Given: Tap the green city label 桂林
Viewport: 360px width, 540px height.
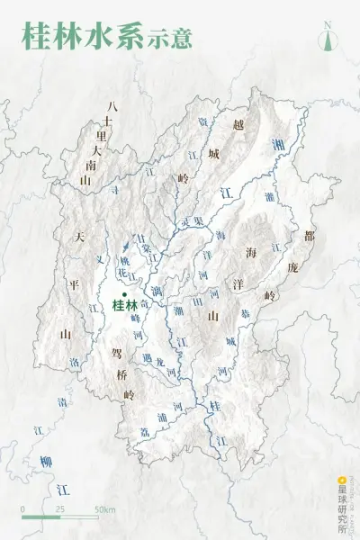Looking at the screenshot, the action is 125,305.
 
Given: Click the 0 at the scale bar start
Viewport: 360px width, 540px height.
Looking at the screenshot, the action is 23,509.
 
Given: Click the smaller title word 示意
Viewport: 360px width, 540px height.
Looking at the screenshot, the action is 170,41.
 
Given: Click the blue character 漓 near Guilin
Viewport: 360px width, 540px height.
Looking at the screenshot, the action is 157,292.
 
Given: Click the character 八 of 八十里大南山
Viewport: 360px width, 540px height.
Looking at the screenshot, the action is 112,106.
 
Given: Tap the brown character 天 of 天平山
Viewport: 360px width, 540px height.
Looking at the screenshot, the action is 79,238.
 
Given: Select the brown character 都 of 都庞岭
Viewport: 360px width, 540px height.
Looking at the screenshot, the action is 310,238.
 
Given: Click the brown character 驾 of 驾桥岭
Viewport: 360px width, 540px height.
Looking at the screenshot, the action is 117,353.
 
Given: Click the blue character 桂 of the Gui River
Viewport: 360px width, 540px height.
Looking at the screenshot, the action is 214,407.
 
